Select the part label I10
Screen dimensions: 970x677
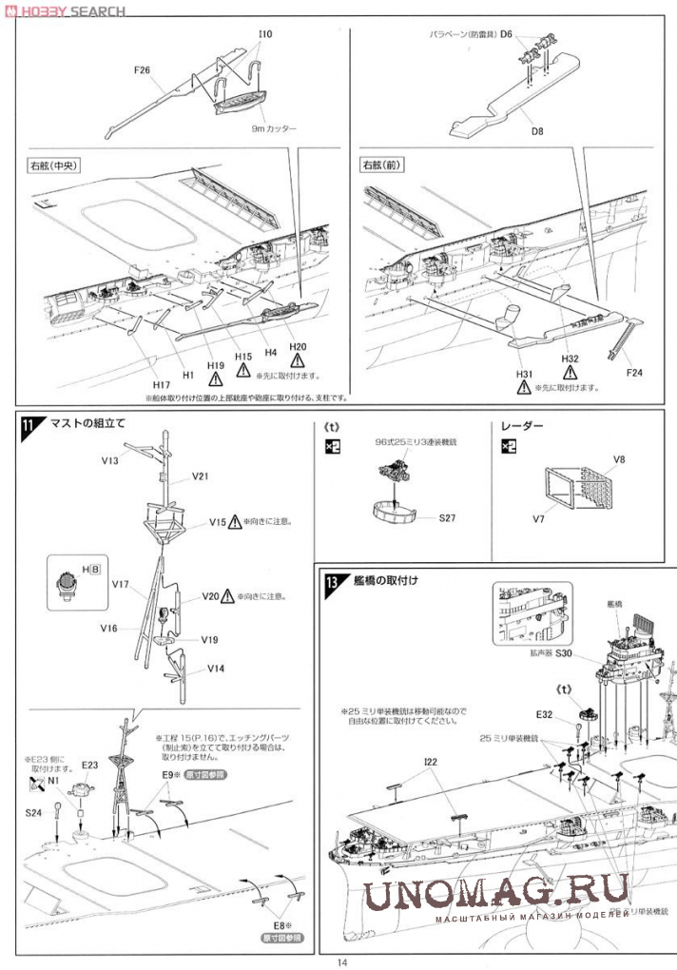coord(264,35)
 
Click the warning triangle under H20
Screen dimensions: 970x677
coord(298,361)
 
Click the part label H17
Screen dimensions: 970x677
coord(161,384)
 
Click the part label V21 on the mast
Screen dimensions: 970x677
coord(203,476)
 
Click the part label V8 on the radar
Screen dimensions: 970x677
coord(619,460)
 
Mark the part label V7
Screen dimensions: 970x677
coord(537,518)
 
